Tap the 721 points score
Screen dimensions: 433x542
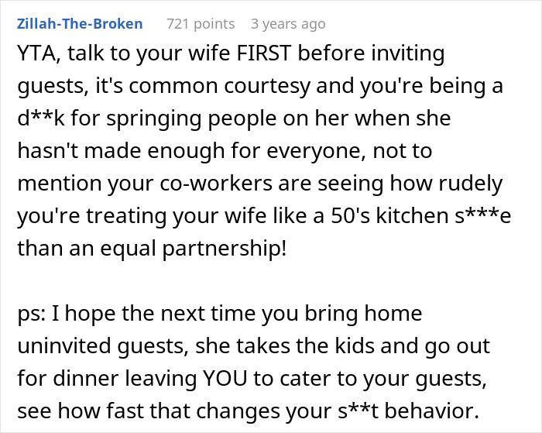(201, 24)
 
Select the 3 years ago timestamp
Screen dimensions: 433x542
(287, 24)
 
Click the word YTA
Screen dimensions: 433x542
(35, 56)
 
